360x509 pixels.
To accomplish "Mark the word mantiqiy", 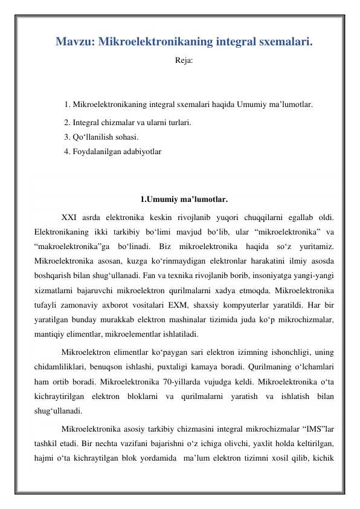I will pos(48,333).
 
